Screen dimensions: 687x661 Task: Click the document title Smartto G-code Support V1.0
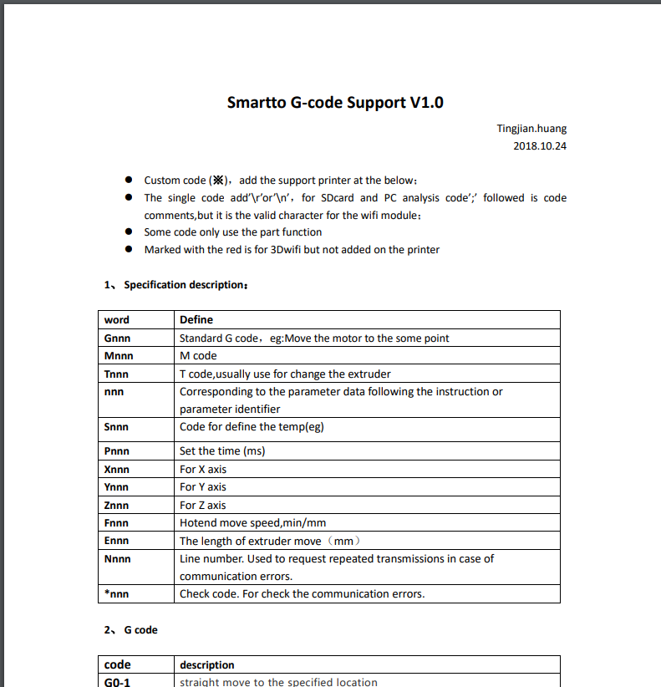[335, 103]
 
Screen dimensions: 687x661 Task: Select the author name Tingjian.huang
[531, 129]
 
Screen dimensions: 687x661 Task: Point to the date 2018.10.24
[540, 146]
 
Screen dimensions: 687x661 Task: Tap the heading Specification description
[185, 285]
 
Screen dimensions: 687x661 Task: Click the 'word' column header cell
[117, 319]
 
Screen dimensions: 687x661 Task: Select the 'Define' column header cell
[196, 319]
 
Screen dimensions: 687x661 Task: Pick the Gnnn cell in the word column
[118, 338]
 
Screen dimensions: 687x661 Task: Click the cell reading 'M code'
[198, 356]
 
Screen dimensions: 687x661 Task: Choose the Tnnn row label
[117, 374]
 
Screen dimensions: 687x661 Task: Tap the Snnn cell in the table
[117, 426]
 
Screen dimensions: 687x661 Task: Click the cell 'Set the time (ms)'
[222, 451]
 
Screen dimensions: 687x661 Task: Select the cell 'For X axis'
[203, 470]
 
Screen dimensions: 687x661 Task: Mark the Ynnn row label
[117, 487]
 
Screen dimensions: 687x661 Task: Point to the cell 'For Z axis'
[203, 506]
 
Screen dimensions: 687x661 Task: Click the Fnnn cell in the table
[117, 523]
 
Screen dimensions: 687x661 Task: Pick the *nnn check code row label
[117, 594]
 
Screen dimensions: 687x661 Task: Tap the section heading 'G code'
[140, 630]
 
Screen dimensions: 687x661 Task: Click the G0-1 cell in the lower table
[118, 682]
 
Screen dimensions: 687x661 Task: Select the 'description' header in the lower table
[207, 665]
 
